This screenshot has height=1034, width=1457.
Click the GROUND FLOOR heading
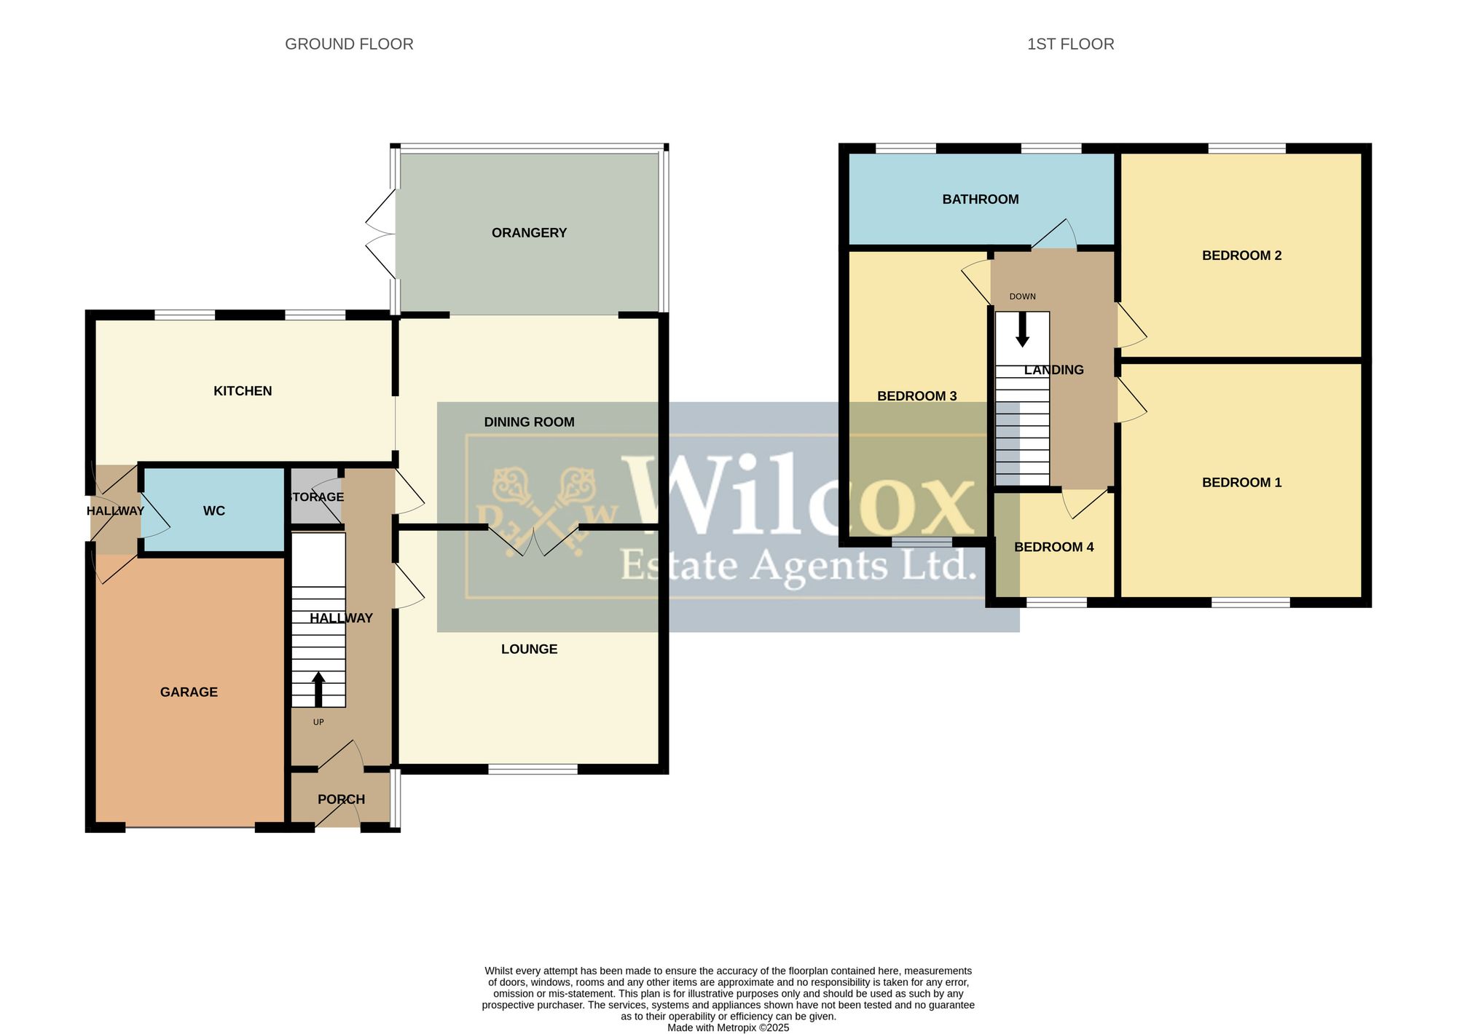(x=349, y=44)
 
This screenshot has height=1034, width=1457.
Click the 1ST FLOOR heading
(x=1070, y=44)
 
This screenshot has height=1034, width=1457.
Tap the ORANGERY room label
(x=529, y=233)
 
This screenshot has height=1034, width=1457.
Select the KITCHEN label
(x=243, y=391)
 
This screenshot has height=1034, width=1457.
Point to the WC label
(x=214, y=511)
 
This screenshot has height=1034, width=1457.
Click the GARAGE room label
(x=189, y=692)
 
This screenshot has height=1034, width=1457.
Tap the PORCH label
(x=341, y=800)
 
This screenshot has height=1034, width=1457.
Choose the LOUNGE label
(x=529, y=650)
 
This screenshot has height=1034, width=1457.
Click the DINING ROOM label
(x=529, y=422)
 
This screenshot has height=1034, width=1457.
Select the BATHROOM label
(x=981, y=200)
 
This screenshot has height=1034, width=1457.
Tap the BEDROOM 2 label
(x=1241, y=256)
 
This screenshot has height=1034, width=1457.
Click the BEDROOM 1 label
(x=1241, y=483)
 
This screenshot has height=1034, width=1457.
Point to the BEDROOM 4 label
(x=1053, y=548)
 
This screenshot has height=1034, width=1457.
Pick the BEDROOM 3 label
(x=916, y=396)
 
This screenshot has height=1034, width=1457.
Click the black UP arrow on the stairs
(x=318, y=689)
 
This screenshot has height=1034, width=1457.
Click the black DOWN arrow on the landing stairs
(x=1022, y=329)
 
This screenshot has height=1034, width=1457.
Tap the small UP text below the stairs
(x=318, y=722)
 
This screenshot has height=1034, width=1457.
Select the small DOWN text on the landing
(x=1022, y=297)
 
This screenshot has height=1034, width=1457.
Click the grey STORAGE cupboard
(x=316, y=496)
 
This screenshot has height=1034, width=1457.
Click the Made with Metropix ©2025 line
(x=728, y=1028)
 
